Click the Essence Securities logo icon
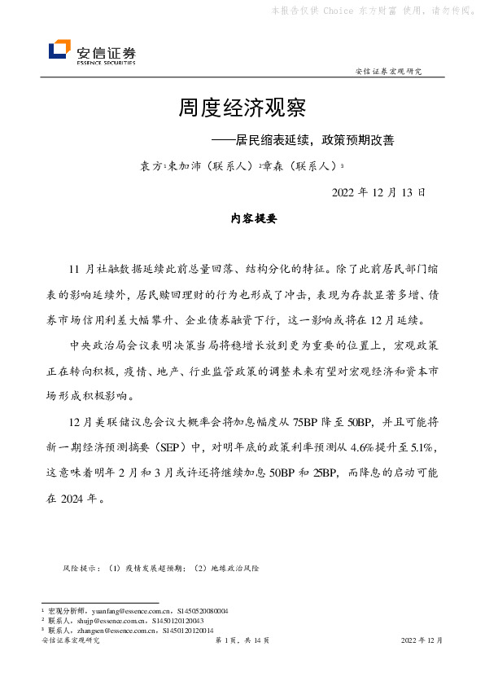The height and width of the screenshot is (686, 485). [59, 51]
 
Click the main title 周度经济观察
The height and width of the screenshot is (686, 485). [242, 108]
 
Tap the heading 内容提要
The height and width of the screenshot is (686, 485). [254, 219]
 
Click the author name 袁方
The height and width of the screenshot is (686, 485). [150, 165]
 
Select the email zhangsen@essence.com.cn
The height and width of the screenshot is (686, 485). [116, 631]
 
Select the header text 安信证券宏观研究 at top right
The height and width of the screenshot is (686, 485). [390, 72]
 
